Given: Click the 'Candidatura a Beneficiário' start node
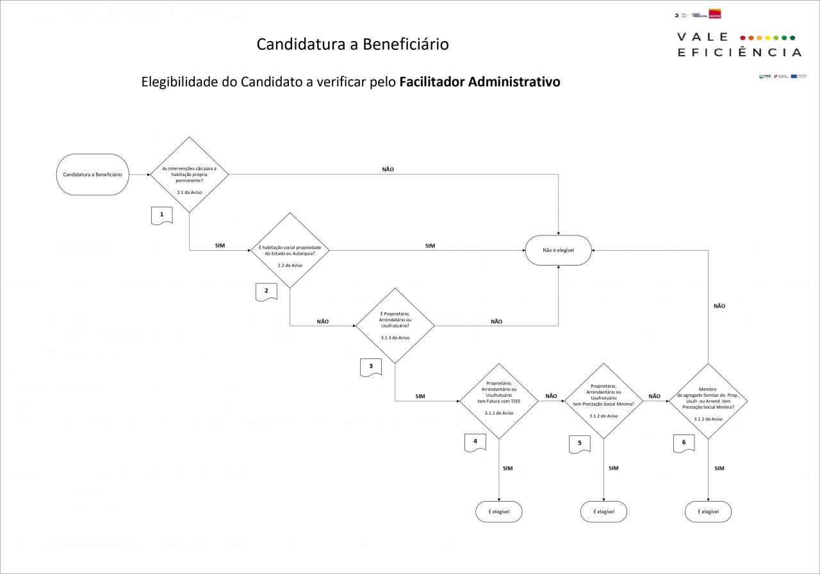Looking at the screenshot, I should click(93, 174).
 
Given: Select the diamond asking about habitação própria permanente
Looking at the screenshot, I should click(190, 174).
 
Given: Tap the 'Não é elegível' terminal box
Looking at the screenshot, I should click(558, 250).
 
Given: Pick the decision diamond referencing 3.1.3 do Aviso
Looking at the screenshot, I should click(395, 326).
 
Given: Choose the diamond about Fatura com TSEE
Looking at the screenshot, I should click(499, 401).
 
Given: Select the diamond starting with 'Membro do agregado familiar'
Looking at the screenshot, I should click(708, 401).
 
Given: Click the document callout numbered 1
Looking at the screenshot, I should click(161, 215).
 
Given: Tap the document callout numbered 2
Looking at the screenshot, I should click(266, 292).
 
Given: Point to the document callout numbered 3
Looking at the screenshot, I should click(371, 367).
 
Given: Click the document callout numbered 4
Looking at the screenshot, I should click(475, 442).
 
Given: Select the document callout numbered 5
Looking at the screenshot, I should click(579, 443).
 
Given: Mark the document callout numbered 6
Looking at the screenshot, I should click(684, 443).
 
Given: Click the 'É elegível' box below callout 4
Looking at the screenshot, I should click(499, 511).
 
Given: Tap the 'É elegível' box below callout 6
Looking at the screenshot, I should click(708, 511).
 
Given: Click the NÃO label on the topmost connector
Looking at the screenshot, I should click(388, 170).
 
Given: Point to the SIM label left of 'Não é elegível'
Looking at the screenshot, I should click(430, 246).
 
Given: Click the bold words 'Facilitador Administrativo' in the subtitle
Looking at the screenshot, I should click(479, 83).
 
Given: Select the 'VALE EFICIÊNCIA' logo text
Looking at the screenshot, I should click(739, 45).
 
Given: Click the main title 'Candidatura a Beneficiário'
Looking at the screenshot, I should click(352, 44).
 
